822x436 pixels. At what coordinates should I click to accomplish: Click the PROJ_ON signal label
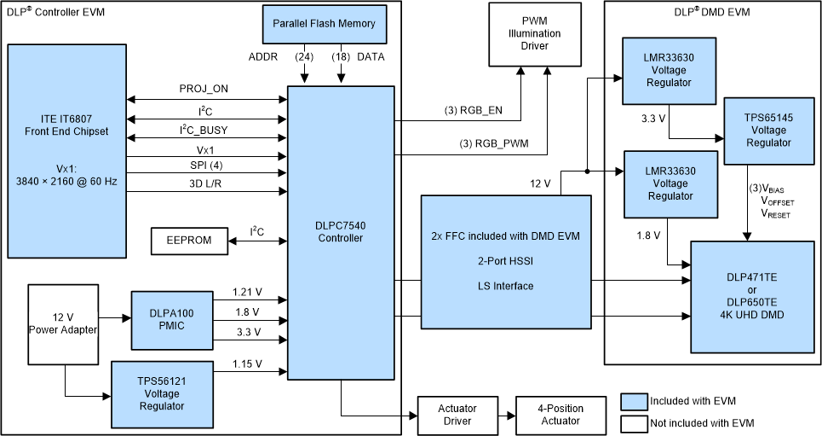point(204,89)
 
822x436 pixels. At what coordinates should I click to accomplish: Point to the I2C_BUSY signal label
point(203,130)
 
